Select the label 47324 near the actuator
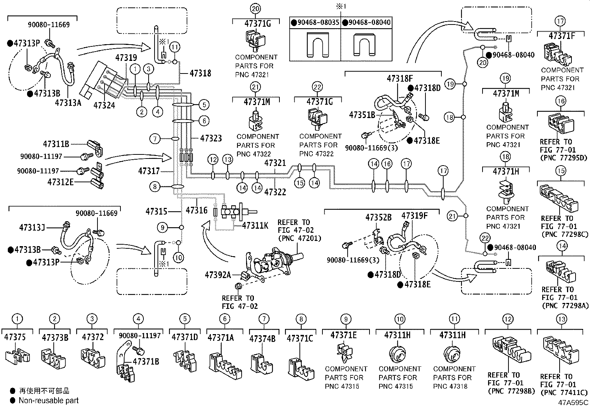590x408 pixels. pyautogui.click(x=104, y=105)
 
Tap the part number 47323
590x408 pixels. pyautogui.click(x=211, y=138)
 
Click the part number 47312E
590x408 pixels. pyautogui.click(x=61, y=182)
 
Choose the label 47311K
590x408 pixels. pyautogui.click(x=255, y=225)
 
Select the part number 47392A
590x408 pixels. pyautogui.click(x=218, y=275)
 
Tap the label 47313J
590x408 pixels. pyautogui.click(x=32, y=227)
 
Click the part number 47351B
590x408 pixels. pyautogui.click(x=362, y=115)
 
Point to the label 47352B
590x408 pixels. pyautogui.click(x=378, y=218)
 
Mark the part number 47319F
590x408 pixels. pyautogui.click(x=414, y=216)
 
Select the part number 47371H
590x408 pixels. pyautogui.click(x=506, y=171)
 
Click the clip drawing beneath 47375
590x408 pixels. pyautogui.click(x=18, y=356)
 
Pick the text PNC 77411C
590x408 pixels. pyautogui.click(x=564, y=392)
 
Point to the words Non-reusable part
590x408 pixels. pyautogui.click(x=49, y=401)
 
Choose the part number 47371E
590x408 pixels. pyautogui.click(x=344, y=335)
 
